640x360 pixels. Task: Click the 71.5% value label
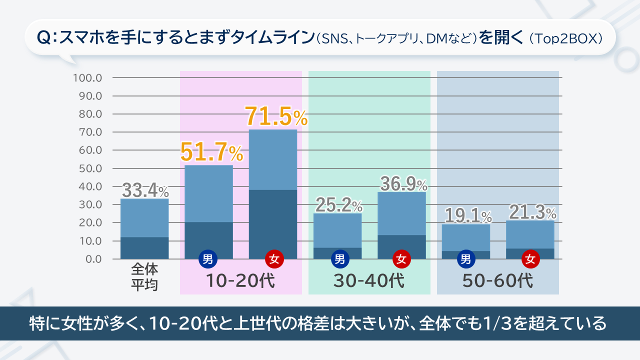pyautogui.click(x=276, y=117)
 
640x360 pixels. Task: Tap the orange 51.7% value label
pyautogui.click(x=211, y=151)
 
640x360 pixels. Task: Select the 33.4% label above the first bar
pyautogui.click(x=145, y=190)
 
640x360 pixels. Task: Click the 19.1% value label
pyautogui.click(x=467, y=216)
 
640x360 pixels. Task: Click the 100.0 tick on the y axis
pyautogui.click(x=87, y=78)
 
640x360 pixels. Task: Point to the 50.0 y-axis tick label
pyautogui.click(x=90, y=168)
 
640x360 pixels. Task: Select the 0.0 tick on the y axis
pyautogui.click(x=92, y=259)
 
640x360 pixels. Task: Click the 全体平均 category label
pyautogui.click(x=144, y=277)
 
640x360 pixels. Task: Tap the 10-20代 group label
pyautogui.click(x=241, y=281)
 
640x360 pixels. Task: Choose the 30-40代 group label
pyautogui.click(x=369, y=281)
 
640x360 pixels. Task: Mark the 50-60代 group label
pyautogui.click(x=497, y=281)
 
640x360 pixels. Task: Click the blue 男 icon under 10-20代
pyautogui.click(x=208, y=259)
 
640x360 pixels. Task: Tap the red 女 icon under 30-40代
pyautogui.click(x=401, y=259)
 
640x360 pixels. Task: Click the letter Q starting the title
pyautogui.click(x=43, y=38)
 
